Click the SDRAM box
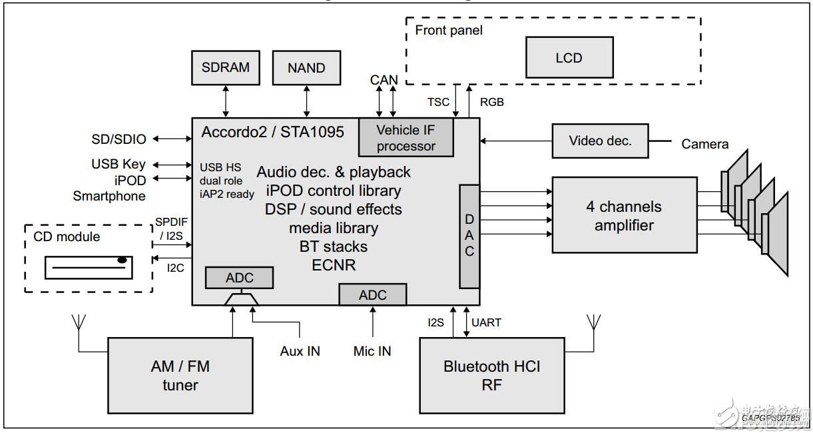click(x=225, y=67)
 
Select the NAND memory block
click(x=306, y=68)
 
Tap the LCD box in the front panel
click(x=569, y=58)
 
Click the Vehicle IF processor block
click(x=406, y=138)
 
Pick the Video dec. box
click(x=600, y=141)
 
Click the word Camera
click(x=704, y=144)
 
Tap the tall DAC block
click(x=469, y=236)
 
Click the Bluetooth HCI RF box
click(x=492, y=375)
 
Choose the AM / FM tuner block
click(x=180, y=375)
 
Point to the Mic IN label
click(x=372, y=351)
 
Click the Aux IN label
click(x=300, y=350)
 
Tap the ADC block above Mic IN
click(x=372, y=294)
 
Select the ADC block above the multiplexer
click(x=239, y=278)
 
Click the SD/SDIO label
click(x=119, y=139)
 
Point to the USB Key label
click(x=119, y=164)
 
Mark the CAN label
click(x=384, y=80)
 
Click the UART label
click(x=486, y=322)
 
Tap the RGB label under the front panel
click(x=491, y=102)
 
